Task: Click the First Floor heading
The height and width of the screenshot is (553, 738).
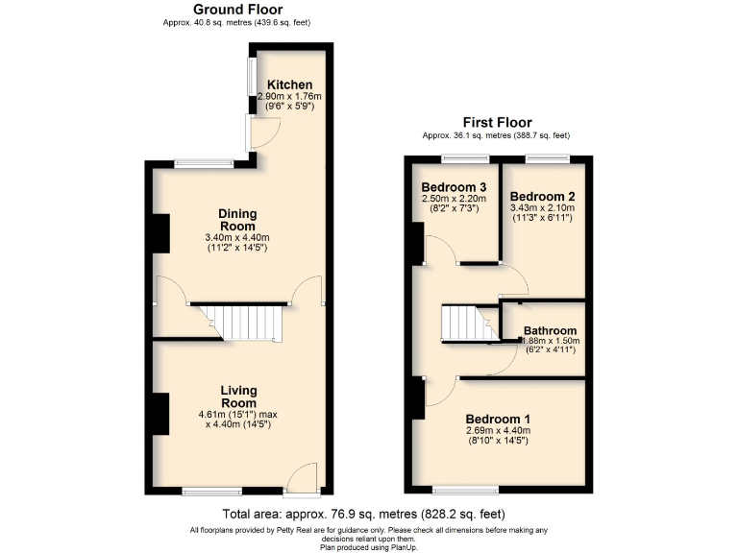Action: [x=497, y=122]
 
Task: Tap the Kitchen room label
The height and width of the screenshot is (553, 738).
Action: [x=289, y=84]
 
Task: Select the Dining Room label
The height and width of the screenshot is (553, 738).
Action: [x=236, y=220]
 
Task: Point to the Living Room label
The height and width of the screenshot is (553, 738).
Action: [x=238, y=397]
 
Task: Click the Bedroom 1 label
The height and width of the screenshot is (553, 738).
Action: [x=498, y=420]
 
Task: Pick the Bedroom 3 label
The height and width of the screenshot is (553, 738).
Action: [x=454, y=186]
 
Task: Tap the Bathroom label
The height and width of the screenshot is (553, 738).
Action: [x=550, y=331]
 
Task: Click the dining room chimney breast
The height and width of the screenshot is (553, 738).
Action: [x=159, y=233]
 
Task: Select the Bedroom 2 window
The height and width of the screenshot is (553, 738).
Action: [x=546, y=157]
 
